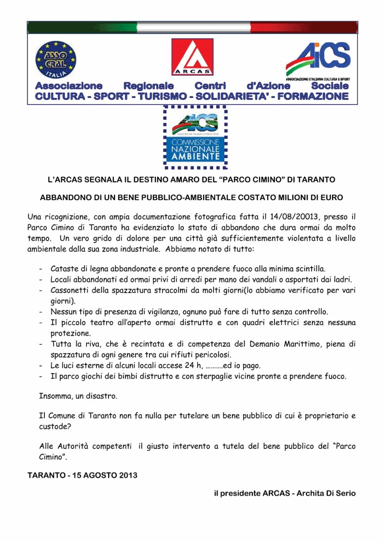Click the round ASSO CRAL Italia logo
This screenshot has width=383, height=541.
pos(56,60)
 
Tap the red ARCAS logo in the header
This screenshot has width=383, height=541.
pos(192,57)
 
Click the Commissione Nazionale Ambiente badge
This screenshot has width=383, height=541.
pos(195,137)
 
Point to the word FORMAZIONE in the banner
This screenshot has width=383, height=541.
pos(312,96)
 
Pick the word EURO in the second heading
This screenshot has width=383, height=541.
pos(331,198)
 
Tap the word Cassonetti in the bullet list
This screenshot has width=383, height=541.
pos(71,290)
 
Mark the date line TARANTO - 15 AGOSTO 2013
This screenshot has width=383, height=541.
pos(82,475)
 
